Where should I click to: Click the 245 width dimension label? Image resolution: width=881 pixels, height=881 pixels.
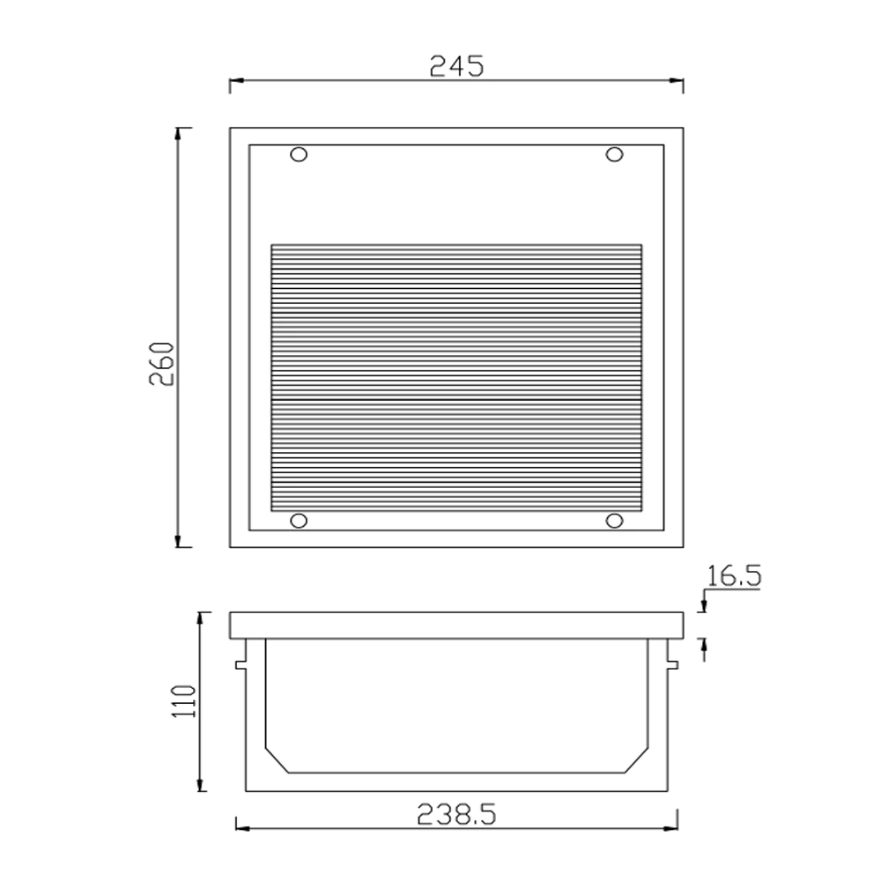[x=456, y=66]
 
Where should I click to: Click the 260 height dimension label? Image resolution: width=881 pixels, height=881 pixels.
[x=163, y=363]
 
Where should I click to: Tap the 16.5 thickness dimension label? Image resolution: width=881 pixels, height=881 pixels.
[x=734, y=576]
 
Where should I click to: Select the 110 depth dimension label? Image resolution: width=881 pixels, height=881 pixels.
[x=184, y=700]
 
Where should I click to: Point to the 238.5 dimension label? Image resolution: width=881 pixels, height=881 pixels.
[x=456, y=814]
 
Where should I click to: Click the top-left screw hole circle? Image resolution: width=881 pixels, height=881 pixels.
[x=299, y=154]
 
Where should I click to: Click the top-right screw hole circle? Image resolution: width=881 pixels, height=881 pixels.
[x=614, y=154]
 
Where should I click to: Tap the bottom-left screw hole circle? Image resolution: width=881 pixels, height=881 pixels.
[x=299, y=521]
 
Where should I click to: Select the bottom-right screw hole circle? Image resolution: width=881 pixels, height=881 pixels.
[x=614, y=521]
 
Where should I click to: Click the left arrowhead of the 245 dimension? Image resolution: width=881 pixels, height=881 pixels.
[x=236, y=80]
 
